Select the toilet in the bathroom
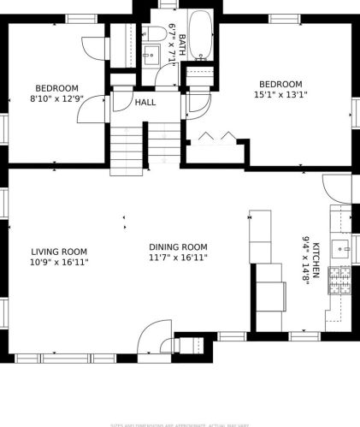155,34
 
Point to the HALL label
145,103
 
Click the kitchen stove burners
339,280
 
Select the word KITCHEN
316,259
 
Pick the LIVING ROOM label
59,252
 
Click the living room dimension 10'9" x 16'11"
59,262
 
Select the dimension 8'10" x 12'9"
56,98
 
